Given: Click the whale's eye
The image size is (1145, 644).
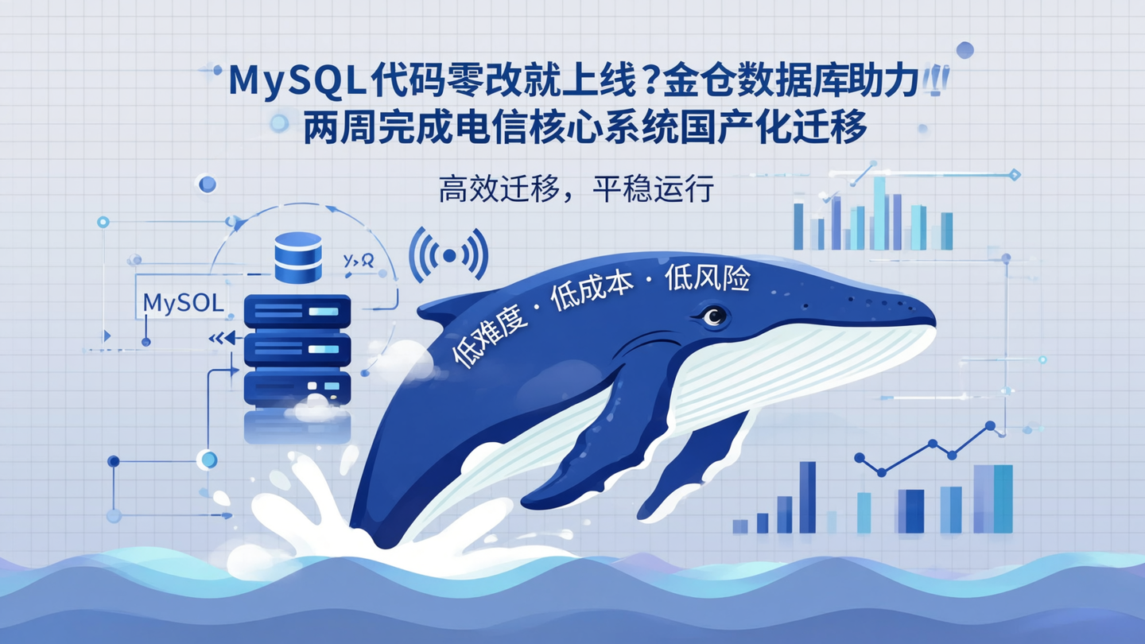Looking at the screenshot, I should coord(713,316).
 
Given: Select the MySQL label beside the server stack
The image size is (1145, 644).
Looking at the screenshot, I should coord(184,304).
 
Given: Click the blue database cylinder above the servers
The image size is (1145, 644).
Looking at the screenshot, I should coord(297,257).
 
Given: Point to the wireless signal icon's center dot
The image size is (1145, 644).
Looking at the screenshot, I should coord(448,255).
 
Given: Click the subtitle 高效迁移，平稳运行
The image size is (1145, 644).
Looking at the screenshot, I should coord(576,189).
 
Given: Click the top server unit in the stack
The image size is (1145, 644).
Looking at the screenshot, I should coord(297,311).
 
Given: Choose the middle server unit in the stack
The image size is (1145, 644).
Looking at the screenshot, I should coord(297,348).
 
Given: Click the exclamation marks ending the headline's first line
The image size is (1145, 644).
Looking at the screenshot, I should coord(936,82).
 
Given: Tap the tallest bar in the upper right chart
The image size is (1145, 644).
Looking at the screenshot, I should coord(879,212).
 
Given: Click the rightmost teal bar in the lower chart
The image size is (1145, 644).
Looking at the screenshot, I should coord(1003,499).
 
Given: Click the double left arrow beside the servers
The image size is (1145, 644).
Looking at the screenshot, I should coord(222,338).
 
